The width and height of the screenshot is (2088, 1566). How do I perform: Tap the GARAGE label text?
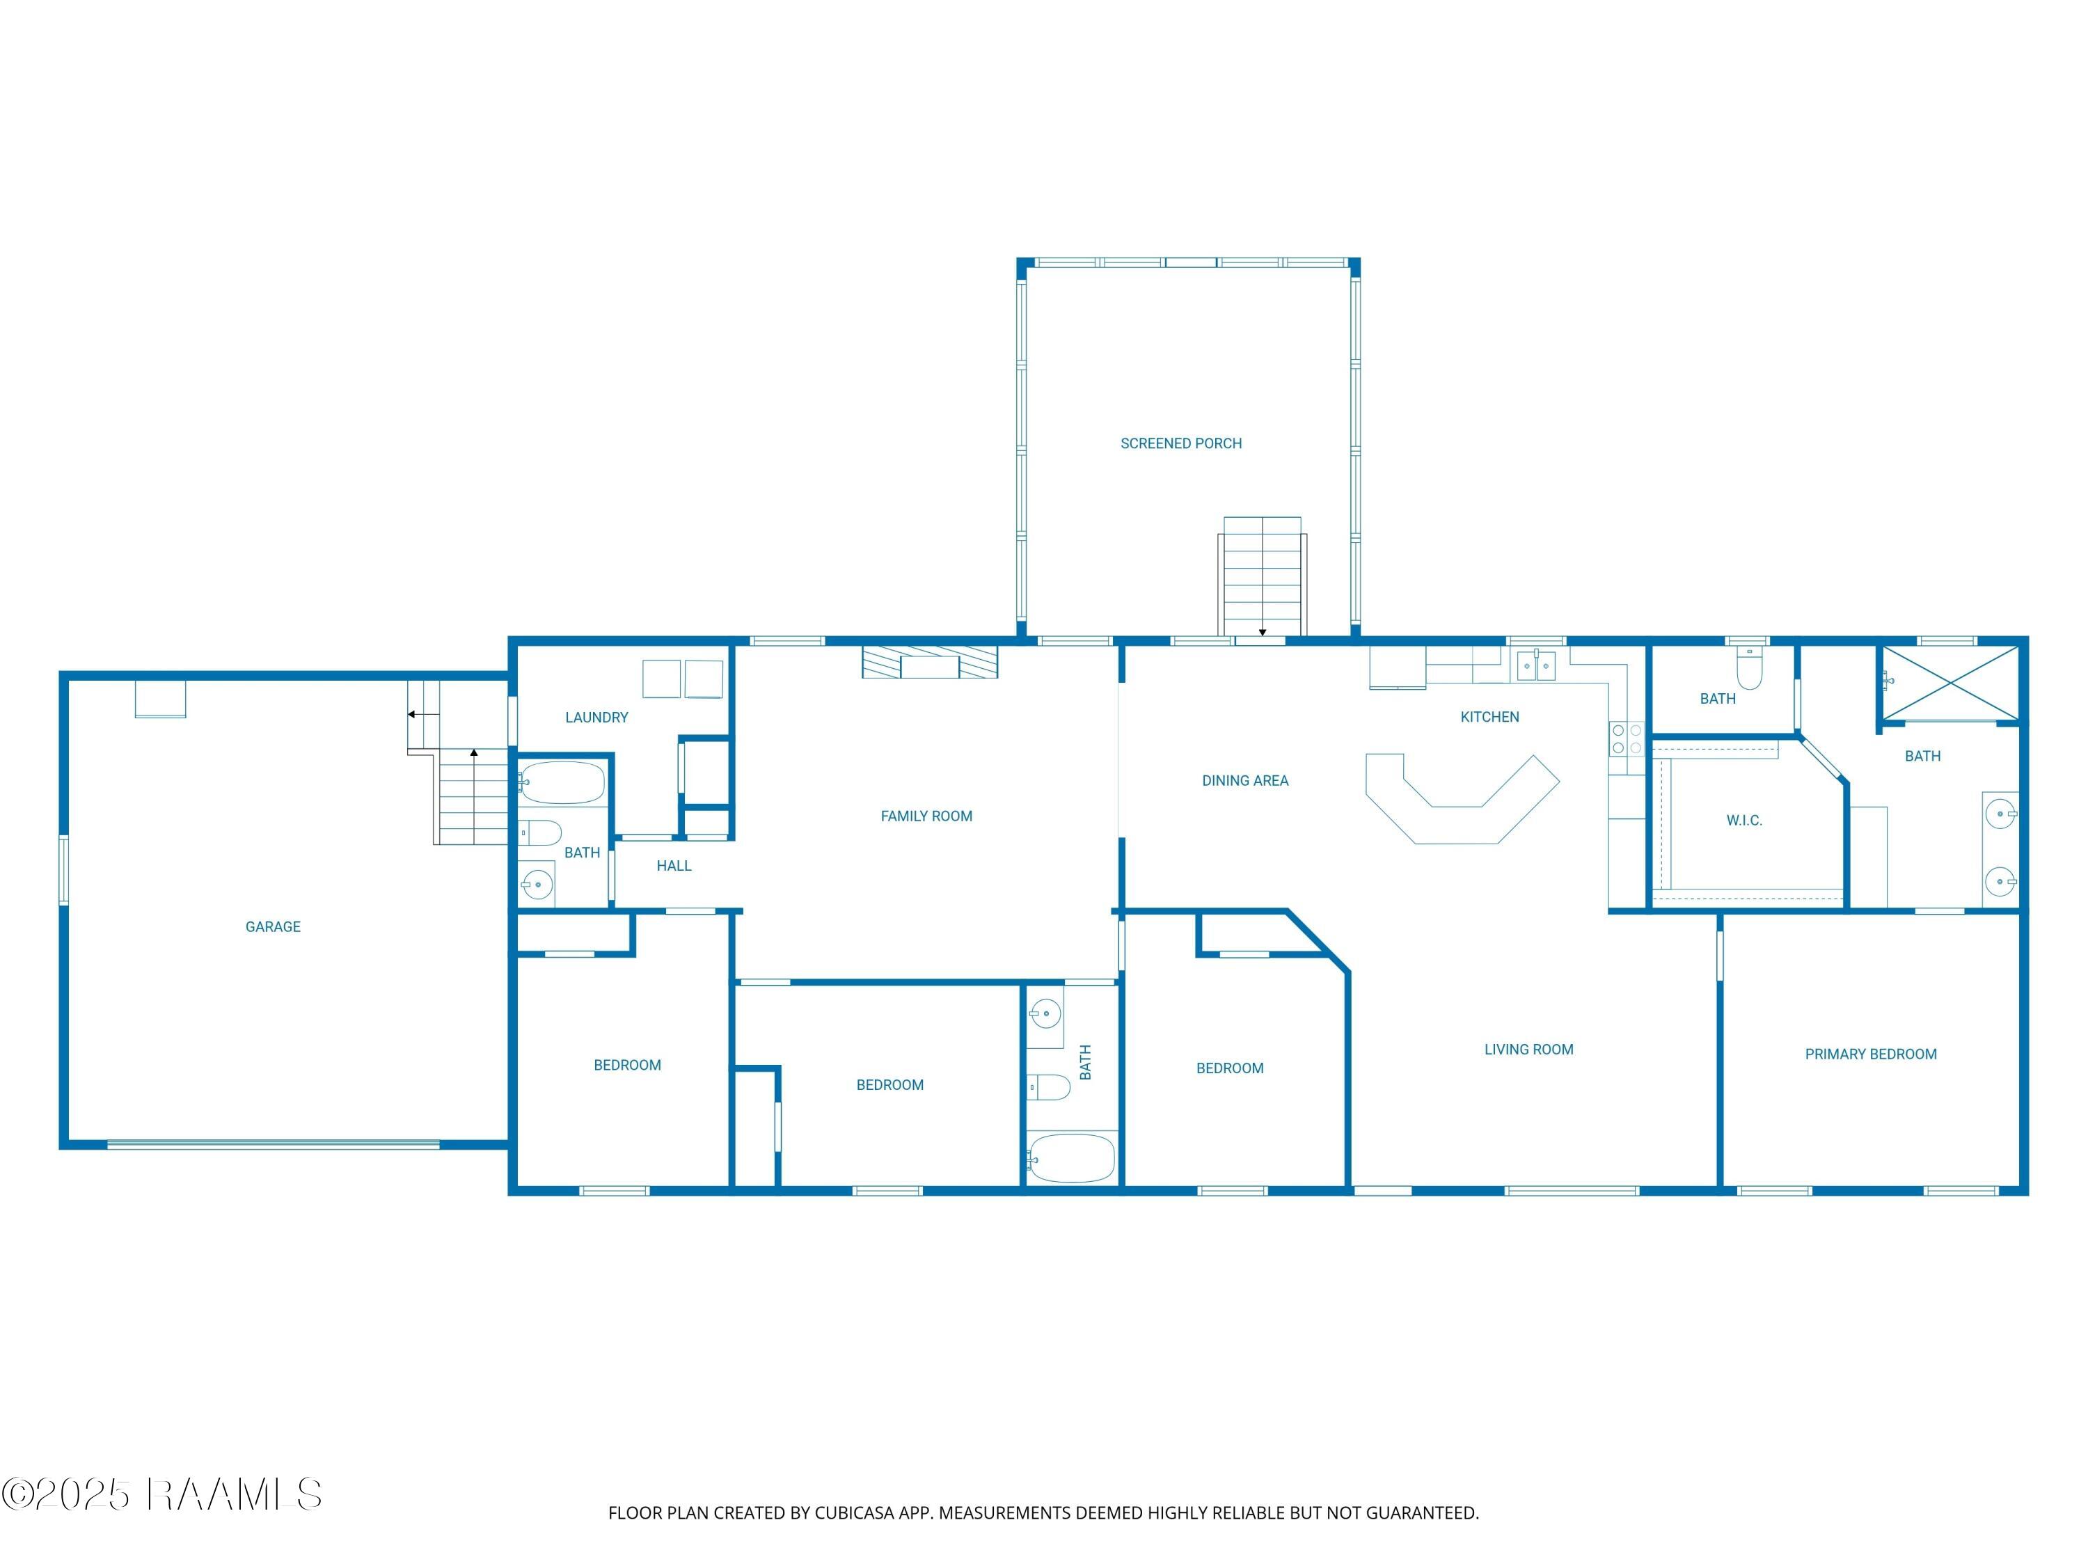tap(273, 927)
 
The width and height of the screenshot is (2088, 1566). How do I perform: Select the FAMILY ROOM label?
tap(926, 816)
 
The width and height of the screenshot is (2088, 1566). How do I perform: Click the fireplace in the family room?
tap(930, 663)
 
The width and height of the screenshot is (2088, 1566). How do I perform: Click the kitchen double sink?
tap(1536, 665)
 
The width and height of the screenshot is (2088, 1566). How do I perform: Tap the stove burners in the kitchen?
tap(1627, 739)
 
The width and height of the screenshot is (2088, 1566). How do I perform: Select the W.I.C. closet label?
tap(1743, 821)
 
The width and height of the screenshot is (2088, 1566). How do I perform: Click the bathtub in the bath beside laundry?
tap(562, 782)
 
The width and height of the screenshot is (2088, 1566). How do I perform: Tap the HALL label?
tap(674, 866)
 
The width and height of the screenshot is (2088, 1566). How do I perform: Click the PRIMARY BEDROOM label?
tap(1870, 1054)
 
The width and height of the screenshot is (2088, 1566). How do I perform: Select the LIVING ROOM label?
tap(1528, 1050)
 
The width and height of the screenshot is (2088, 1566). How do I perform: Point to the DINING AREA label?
tap(1244, 781)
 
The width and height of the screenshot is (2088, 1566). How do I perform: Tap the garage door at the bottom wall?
tap(273, 1145)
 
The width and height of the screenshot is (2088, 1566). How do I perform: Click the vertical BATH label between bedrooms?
tap(1086, 1062)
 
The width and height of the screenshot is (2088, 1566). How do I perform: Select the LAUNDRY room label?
tap(596, 718)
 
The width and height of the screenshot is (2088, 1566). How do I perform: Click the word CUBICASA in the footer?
tap(853, 1513)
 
